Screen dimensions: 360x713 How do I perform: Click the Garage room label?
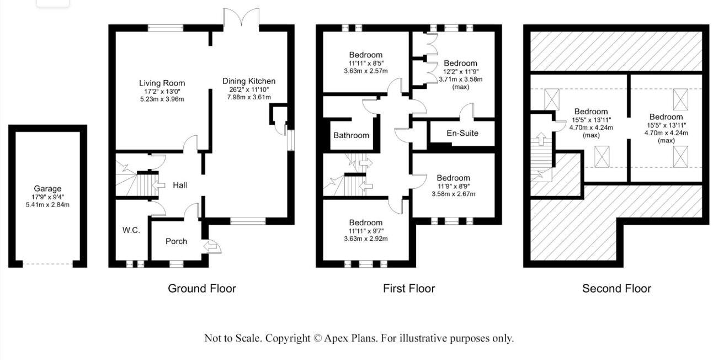(47, 188)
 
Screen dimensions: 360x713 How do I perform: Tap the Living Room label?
(162, 83)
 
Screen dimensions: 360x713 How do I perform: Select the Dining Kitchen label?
(248, 81)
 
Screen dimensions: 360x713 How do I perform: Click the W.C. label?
(131, 230)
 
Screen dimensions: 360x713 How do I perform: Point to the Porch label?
(176, 241)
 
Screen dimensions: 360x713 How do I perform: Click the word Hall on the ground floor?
(180, 185)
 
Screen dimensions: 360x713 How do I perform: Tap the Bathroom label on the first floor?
(351, 135)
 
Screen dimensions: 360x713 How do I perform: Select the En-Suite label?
(462, 133)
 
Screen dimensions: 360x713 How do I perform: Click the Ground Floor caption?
(201, 288)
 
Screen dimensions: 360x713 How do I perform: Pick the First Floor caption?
(409, 288)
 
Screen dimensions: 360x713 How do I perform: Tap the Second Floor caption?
(616, 288)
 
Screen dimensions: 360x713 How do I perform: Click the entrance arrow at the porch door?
(210, 246)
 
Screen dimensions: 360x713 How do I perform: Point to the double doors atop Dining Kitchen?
(241, 18)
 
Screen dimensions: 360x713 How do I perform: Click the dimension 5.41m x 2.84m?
(47, 204)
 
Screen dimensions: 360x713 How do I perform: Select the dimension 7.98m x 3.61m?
(248, 97)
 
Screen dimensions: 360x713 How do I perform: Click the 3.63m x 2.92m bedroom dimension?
(365, 239)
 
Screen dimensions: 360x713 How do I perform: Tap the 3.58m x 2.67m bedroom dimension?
(453, 194)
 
